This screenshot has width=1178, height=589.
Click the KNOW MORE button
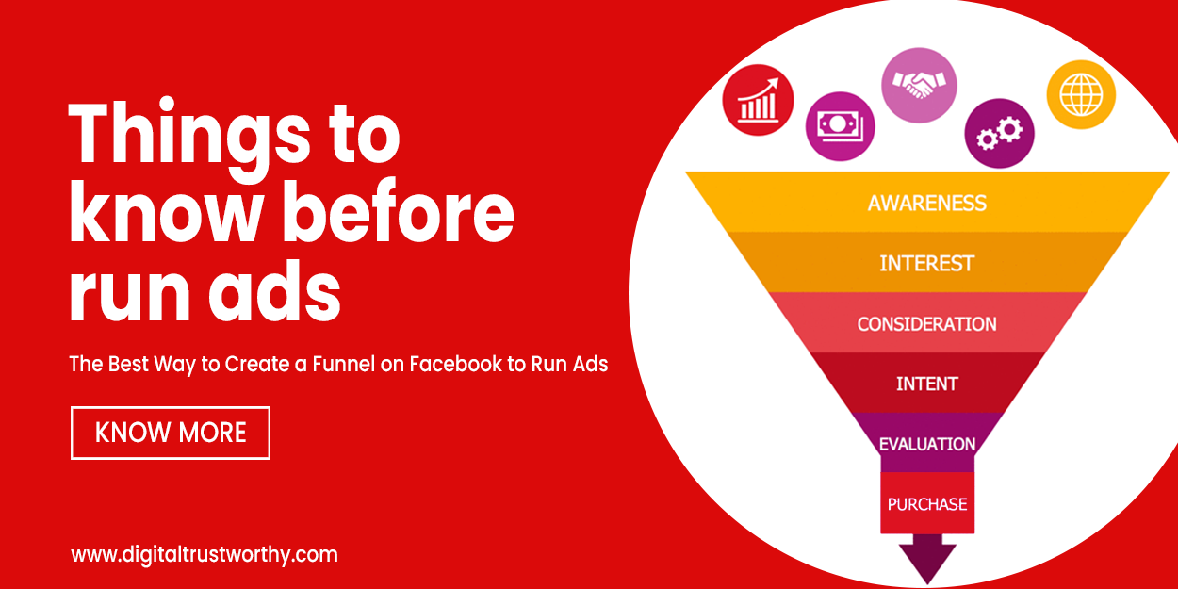tap(171, 433)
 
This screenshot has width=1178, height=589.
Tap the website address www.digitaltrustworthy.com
tap(204, 554)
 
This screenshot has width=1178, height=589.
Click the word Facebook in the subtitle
tap(454, 364)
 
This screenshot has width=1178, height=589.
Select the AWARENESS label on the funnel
tap(927, 203)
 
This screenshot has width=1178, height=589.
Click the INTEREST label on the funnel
tap(927, 263)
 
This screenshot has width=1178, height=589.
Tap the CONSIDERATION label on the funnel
tap(927, 323)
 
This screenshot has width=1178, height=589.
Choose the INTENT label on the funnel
tap(927, 384)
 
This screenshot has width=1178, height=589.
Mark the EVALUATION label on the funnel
tap(927, 443)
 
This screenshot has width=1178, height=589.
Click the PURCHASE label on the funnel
tap(927, 504)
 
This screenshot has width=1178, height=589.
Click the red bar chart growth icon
tap(759, 100)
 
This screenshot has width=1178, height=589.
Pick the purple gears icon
tap(1000, 134)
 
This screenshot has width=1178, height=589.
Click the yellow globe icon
tap(1081, 94)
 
